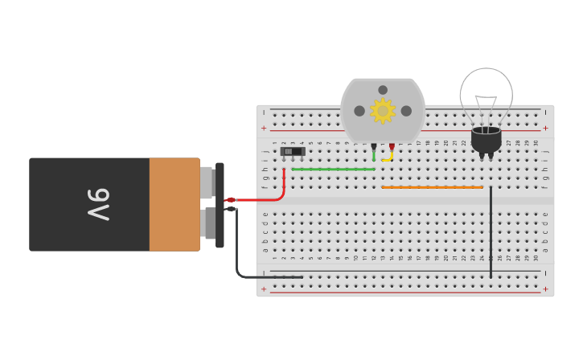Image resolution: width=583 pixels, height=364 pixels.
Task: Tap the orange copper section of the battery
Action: pos(174,204)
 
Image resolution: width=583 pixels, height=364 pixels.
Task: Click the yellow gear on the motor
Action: pos(382,111)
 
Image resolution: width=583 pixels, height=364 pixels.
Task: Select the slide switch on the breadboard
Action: pos(293,151)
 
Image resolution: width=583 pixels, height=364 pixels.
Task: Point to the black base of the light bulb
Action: pos(486,140)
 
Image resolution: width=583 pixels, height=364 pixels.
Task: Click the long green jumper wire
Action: pos(333,169)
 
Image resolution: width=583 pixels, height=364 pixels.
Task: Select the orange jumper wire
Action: pos(432,187)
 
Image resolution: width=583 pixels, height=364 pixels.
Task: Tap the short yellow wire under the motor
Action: pos(388,159)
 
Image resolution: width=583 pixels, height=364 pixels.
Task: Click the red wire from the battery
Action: pos(265,198)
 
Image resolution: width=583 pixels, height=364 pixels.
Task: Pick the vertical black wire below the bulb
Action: pos(491,233)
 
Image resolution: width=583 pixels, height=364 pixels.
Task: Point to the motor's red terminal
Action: pos(392,146)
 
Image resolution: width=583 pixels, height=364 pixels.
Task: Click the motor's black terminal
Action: pos(374,146)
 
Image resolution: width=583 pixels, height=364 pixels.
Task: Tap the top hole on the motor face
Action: pos(383,90)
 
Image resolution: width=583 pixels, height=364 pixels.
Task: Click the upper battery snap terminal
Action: pos(207,182)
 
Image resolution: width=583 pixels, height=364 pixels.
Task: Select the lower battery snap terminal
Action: pos(209,223)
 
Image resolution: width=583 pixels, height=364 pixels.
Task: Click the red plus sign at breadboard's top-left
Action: pos(263,128)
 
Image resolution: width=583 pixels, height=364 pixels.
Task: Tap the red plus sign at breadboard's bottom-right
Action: pos(545,288)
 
